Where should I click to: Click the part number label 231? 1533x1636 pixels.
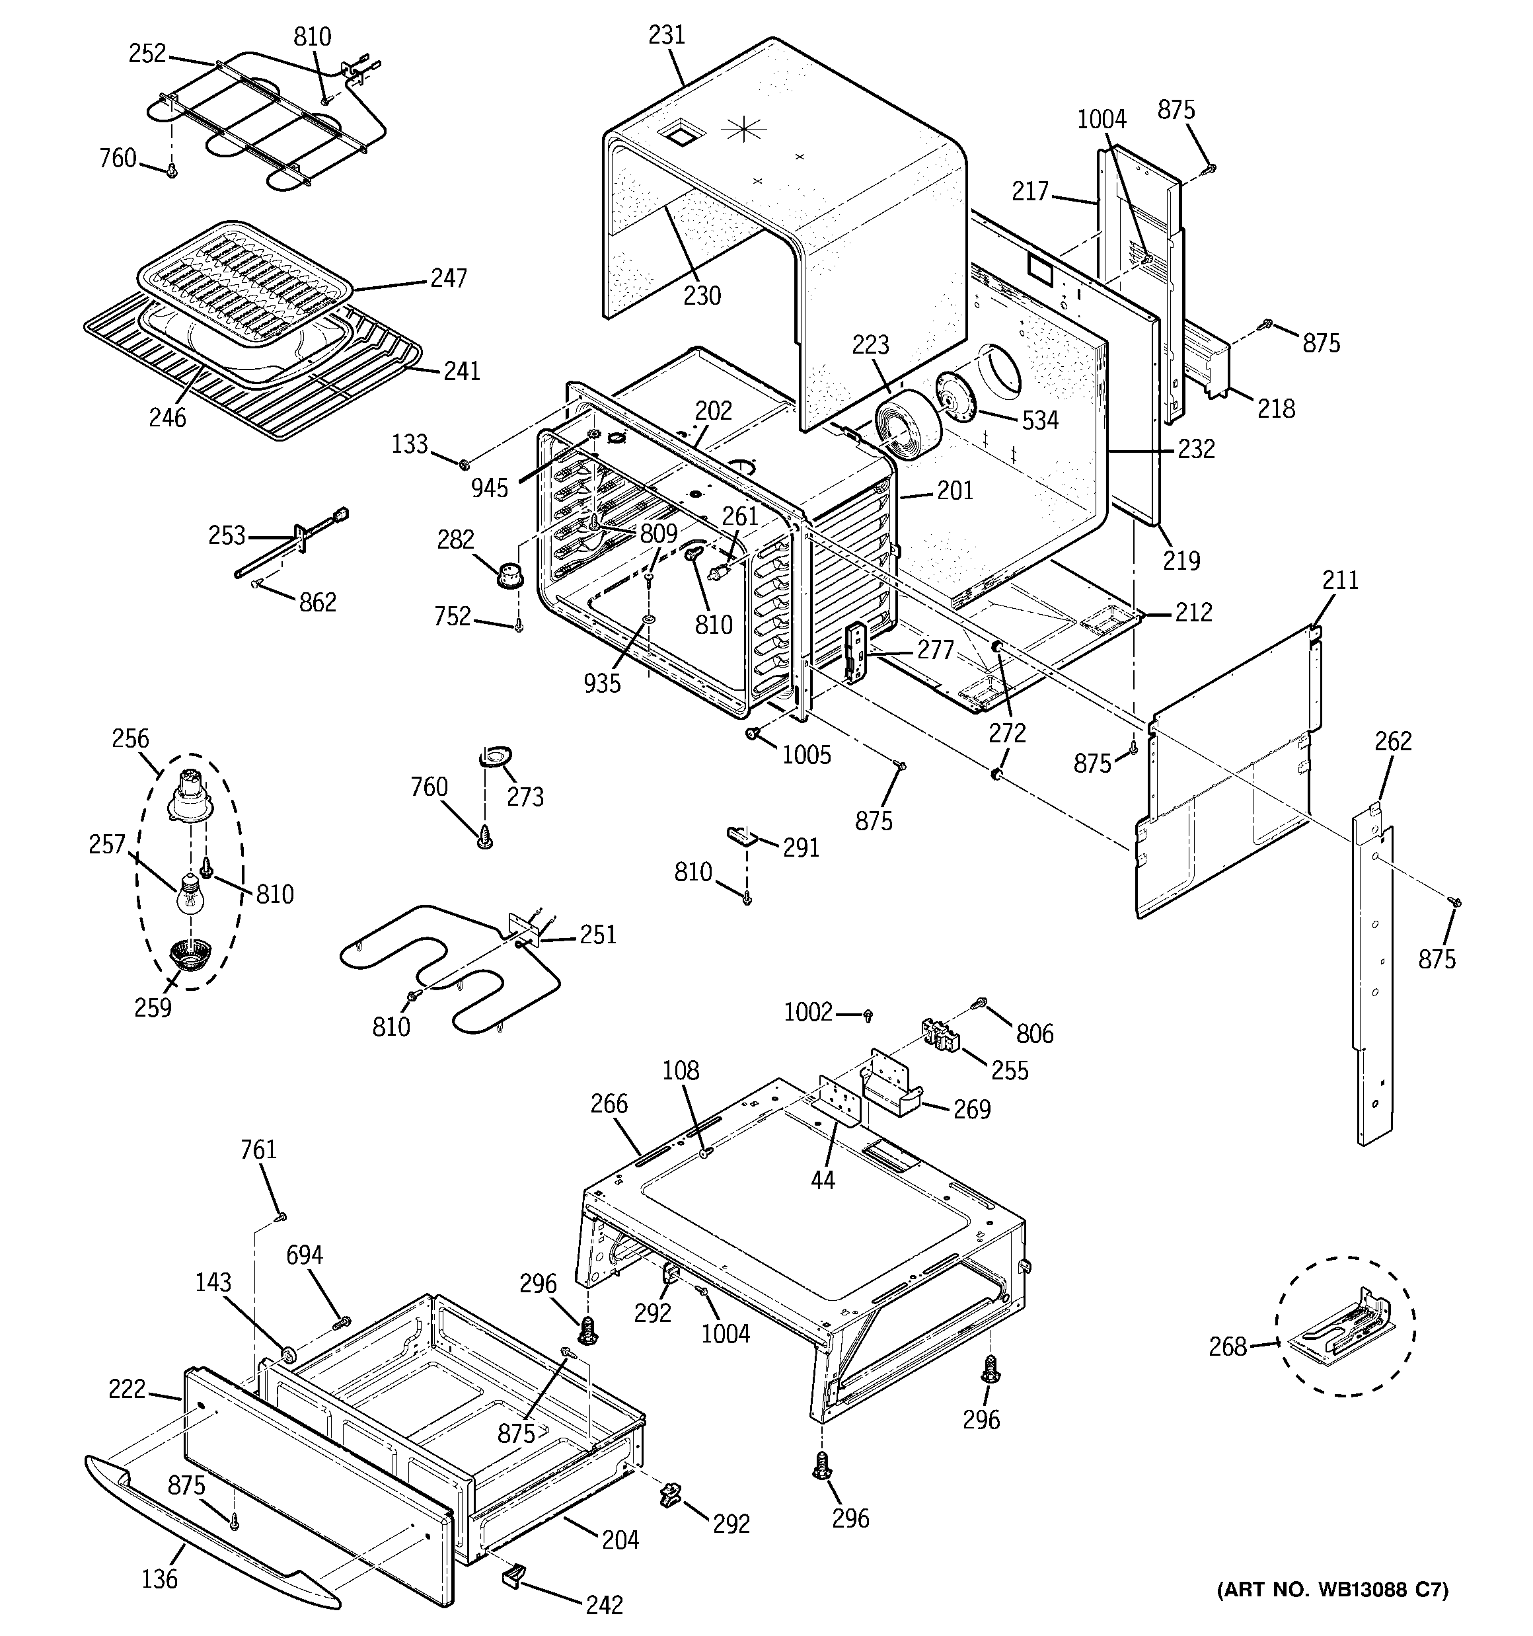667,34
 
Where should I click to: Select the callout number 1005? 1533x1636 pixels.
806,755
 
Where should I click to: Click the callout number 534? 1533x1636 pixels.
1040,420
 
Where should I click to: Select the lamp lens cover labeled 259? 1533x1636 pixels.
190,957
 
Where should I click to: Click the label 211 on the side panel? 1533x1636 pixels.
1341,580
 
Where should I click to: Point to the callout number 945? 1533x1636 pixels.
490,488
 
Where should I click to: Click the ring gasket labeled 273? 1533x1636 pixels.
494,755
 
